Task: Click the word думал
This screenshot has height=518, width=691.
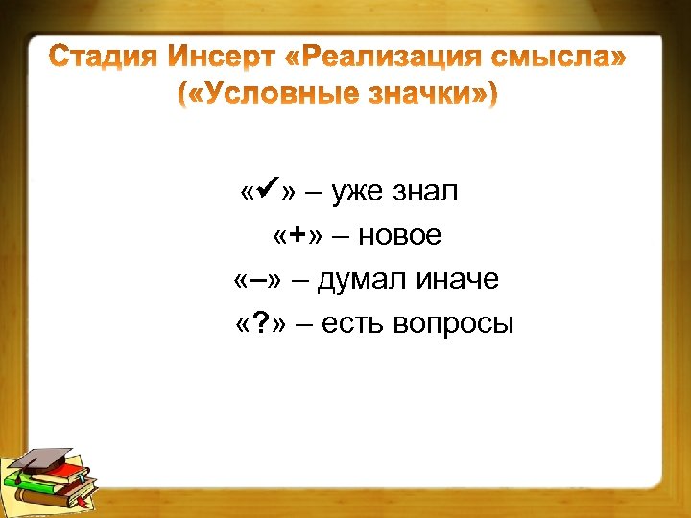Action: click(x=365, y=280)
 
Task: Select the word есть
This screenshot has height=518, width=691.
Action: click(x=353, y=324)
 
